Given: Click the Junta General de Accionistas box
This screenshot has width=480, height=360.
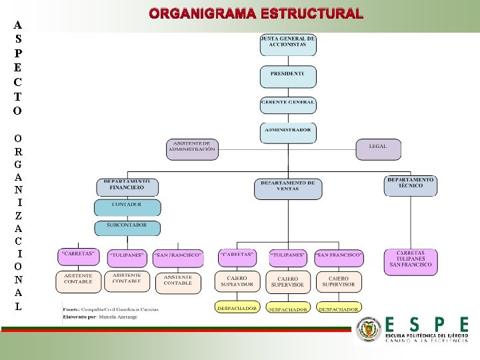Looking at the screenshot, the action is (x=287, y=45).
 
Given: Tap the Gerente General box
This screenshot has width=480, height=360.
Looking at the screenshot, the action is (x=287, y=104).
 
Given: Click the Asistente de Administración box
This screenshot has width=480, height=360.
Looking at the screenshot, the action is (x=192, y=148).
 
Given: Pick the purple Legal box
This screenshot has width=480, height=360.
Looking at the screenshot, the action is (x=378, y=149).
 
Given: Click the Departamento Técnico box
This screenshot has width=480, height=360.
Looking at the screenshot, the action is (x=410, y=185).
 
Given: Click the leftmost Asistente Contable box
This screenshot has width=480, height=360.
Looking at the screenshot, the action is (x=78, y=280).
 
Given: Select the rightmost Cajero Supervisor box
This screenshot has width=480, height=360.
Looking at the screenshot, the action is (x=339, y=281).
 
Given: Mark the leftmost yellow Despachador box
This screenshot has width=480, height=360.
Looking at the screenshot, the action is (x=237, y=308).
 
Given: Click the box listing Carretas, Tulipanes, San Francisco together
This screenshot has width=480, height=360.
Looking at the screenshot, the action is (x=410, y=261).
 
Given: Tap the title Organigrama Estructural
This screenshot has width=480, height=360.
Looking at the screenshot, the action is (x=256, y=14).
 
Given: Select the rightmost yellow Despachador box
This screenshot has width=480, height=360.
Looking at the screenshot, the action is (x=339, y=309).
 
